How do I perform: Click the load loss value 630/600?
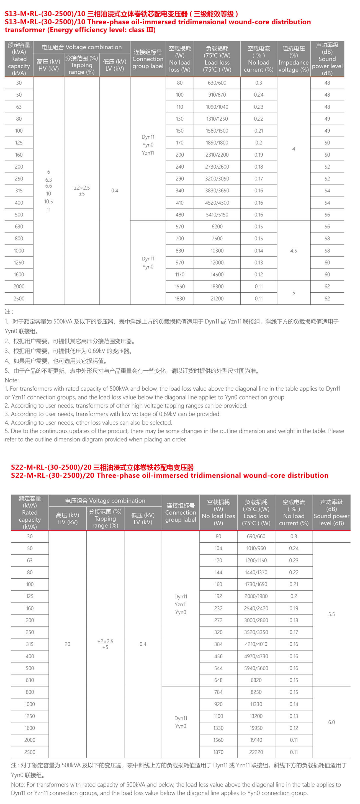click(x=217, y=83)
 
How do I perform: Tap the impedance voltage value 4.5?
click(x=294, y=251)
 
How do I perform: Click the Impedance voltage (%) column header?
click(x=294, y=59)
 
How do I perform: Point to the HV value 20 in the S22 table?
click(x=68, y=644)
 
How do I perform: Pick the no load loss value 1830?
click(x=179, y=298)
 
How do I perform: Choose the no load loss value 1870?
click(x=218, y=752)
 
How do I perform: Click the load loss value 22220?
click(x=256, y=752)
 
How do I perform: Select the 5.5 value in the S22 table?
click(x=331, y=614)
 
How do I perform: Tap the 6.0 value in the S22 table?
click(x=331, y=722)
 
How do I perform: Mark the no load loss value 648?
click(x=218, y=680)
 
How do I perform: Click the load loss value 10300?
click(x=217, y=251)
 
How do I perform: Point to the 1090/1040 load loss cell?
click(x=217, y=107)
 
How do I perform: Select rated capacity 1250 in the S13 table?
click(x=19, y=262)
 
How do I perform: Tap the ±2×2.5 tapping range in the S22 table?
click(x=105, y=641)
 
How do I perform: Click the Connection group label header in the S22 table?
click(x=181, y=512)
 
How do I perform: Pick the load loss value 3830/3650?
click(x=217, y=190)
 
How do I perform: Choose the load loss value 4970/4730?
click(x=256, y=656)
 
